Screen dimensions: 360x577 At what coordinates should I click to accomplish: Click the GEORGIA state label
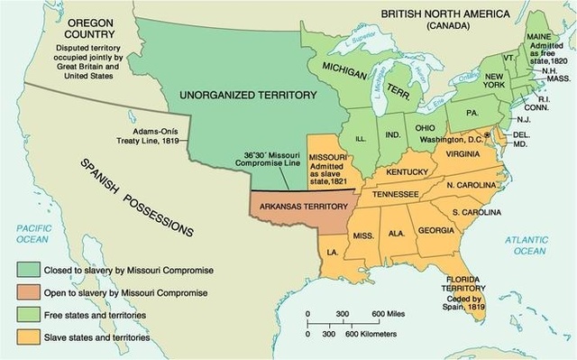pyautogui.click(x=436, y=230)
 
